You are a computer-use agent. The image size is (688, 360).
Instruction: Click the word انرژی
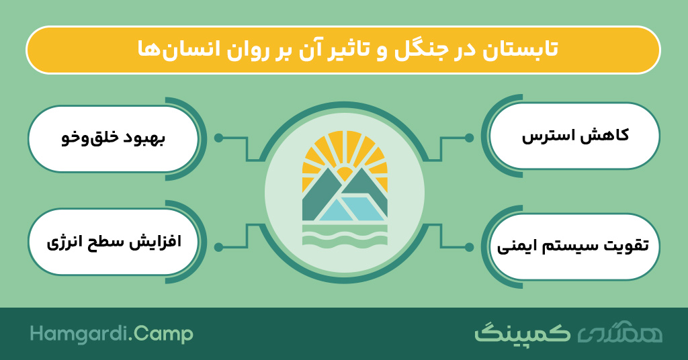[64, 243]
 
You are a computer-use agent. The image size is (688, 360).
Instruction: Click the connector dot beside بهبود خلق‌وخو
[218, 138]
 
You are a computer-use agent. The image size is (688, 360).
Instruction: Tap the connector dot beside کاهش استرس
[469, 138]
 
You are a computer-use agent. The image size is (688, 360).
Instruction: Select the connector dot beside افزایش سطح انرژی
[218, 247]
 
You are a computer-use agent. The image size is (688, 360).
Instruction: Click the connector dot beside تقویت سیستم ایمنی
[469, 247]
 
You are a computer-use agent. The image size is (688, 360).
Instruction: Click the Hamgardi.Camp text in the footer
[112, 334]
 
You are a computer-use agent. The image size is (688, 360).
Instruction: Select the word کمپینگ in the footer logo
[523, 334]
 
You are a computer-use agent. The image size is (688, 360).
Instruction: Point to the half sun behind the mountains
[345, 173]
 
